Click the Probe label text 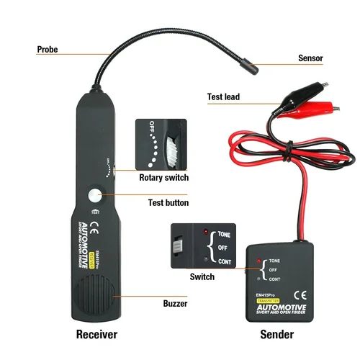pyautogui.click(x=48, y=50)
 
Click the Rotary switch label pyautogui.click(x=163, y=177)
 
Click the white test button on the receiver pyautogui.click(x=96, y=195)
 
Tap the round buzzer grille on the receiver pyautogui.click(x=95, y=295)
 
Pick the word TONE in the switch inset pyautogui.click(x=224, y=235)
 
